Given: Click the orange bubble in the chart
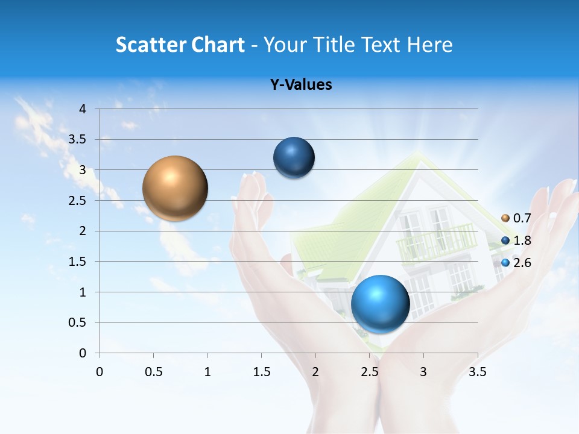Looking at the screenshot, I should click(x=175, y=188).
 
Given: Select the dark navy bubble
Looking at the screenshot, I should click(x=294, y=157).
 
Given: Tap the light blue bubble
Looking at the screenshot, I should click(x=380, y=304).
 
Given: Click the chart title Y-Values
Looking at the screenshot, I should click(x=300, y=85).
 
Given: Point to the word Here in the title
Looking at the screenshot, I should click(x=429, y=45).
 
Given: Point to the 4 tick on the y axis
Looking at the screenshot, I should click(x=83, y=109).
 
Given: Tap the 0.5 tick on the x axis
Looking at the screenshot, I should click(x=153, y=372).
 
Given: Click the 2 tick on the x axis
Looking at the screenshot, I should click(x=315, y=372).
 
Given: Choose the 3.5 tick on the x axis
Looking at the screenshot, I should click(x=477, y=372).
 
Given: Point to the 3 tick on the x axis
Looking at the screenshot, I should click(x=423, y=372).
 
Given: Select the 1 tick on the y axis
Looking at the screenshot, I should click(x=83, y=292).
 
